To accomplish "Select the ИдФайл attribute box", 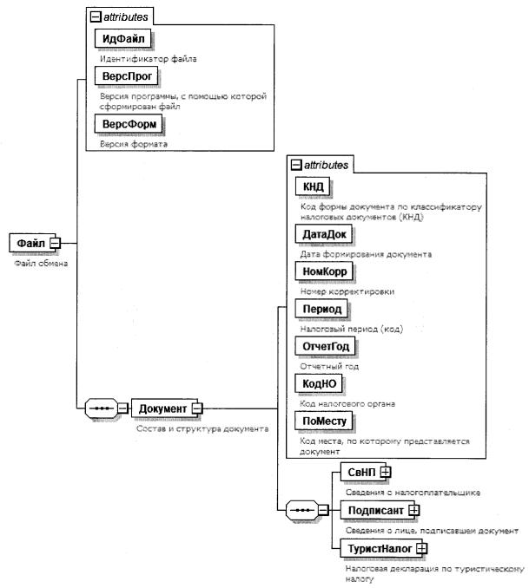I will click(x=122, y=40).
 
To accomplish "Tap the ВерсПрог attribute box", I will click(x=127, y=77).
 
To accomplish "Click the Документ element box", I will click(x=162, y=408).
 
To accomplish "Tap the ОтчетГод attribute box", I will click(x=327, y=346).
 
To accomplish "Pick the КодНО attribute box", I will click(x=320, y=383).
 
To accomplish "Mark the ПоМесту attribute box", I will click(x=325, y=421).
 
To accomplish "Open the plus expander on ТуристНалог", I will click(x=421, y=548).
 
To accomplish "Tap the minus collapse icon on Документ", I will click(x=197, y=408).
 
